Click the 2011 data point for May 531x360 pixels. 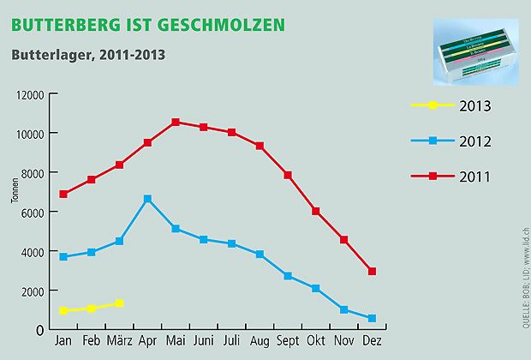tap(176, 122)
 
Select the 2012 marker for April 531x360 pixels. tap(148, 199)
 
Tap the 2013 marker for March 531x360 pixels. tap(120, 303)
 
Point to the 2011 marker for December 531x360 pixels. tap(373, 272)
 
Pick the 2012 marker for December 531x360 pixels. tap(373, 319)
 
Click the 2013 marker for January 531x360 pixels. tap(63, 311)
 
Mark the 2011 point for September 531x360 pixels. tap(289, 175)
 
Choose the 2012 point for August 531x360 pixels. tap(260, 255)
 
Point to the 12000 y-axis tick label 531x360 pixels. tap(29, 94)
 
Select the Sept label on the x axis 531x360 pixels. tap(289, 340)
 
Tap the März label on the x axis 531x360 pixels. tap(119, 340)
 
